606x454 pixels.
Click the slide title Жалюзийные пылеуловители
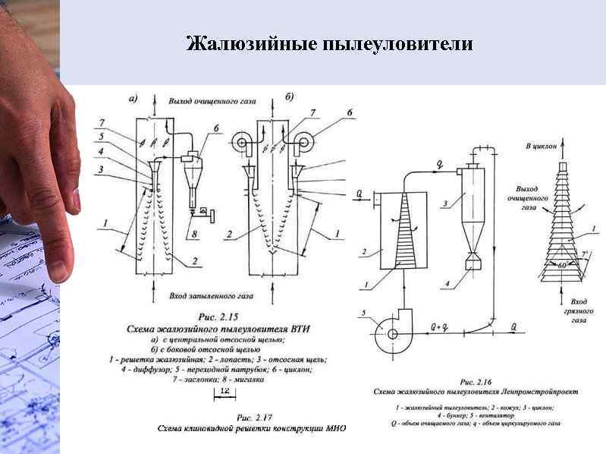329,44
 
